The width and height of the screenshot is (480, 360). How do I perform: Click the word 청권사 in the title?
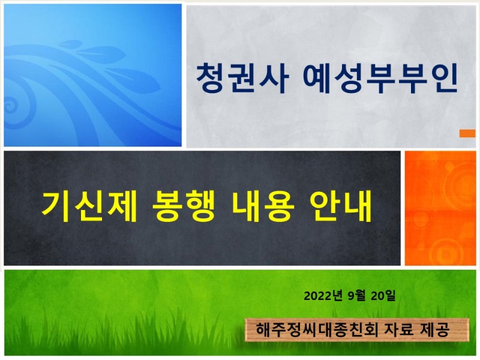242,78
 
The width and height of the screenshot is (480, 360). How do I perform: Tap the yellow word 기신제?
89,206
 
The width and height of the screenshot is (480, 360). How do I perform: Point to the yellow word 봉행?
184,206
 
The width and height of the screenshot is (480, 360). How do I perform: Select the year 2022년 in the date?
323,296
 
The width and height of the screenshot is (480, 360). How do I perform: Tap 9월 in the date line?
356,296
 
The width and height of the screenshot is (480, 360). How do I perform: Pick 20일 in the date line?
383,296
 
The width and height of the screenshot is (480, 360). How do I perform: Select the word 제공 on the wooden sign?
435,329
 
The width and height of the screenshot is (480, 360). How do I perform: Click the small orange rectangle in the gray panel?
467,133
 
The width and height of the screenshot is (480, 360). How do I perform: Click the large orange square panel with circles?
440,208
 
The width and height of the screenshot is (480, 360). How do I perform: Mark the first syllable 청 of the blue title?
211,78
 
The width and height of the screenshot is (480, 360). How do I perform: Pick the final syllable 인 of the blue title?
444,78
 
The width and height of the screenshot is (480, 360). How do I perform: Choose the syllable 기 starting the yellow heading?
56,206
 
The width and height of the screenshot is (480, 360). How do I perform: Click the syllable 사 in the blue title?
274,78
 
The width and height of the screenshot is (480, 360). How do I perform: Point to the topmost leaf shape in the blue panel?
70,44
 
